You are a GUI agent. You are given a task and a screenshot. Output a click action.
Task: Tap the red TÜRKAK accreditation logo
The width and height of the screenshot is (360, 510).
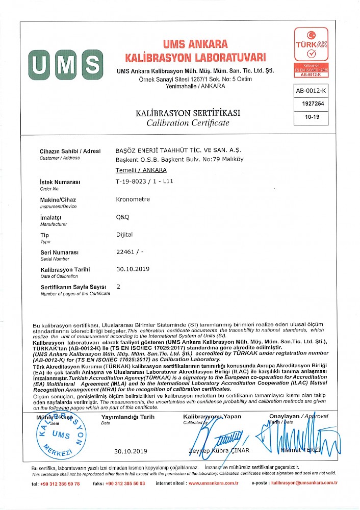click(311, 52)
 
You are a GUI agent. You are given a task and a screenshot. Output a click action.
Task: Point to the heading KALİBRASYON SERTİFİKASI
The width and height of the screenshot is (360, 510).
click(187, 113)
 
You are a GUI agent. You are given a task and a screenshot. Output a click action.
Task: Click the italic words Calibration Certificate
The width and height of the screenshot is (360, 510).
click(188, 123)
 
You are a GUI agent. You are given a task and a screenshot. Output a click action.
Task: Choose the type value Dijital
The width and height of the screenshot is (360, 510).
click(124, 235)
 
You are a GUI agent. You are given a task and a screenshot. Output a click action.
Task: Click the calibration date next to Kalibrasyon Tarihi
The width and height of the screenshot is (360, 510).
click(133, 269)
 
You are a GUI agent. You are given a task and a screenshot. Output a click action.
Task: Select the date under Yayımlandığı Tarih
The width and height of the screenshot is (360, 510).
click(131, 451)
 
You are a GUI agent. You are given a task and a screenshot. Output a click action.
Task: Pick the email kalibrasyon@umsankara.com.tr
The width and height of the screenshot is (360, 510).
click(304, 483)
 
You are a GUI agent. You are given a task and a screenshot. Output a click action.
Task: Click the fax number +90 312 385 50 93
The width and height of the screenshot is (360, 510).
click(125, 483)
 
